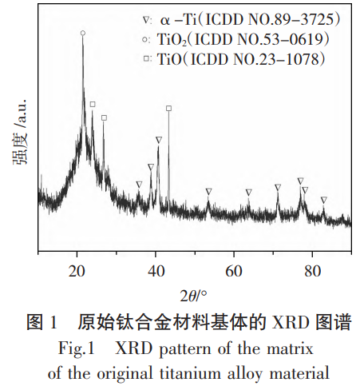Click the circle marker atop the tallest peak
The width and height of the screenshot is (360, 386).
pyautogui.click(x=83, y=33)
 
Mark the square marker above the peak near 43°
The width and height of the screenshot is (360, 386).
pyautogui.click(x=168, y=108)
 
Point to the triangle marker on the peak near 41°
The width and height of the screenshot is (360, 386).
pyautogui.click(x=159, y=140)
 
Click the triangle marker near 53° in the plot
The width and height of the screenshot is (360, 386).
pyautogui.click(x=208, y=191)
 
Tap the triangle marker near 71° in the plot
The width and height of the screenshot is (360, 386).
pyautogui.click(x=278, y=186)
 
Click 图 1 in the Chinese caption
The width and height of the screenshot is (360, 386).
pyautogui.click(x=42, y=324)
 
